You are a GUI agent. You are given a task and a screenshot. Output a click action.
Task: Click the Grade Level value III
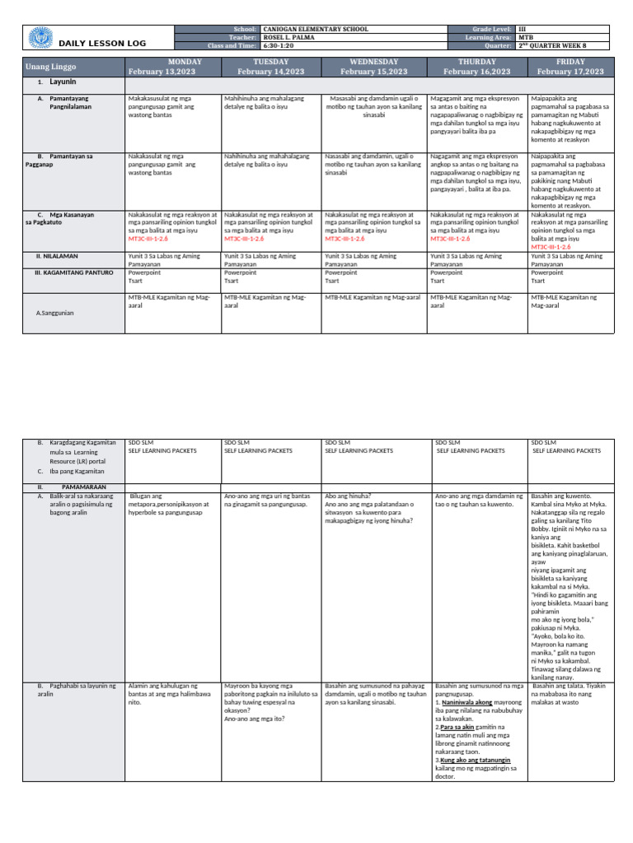pyautogui.click(x=522, y=29)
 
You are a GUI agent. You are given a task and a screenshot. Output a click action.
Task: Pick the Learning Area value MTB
pyautogui.click(x=525, y=37)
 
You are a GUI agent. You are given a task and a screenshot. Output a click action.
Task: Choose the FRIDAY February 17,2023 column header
pyautogui.click(x=570, y=67)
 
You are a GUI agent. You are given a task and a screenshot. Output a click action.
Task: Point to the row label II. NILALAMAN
pyautogui.click(x=59, y=257)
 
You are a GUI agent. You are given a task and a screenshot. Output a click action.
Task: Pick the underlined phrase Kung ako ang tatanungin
pyautogui.click(x=475, y=759)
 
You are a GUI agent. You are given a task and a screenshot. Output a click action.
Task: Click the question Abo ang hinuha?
pyautogui.click(x=350, y=496)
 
